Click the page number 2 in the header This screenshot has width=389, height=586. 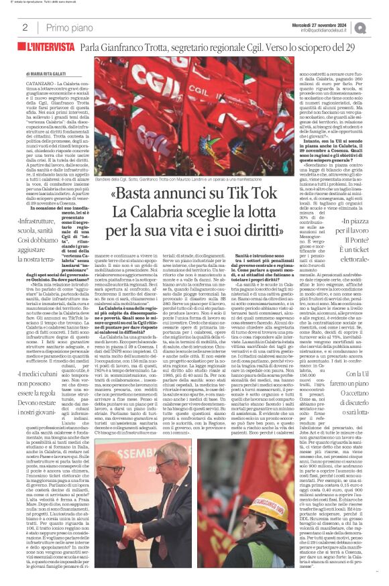click(25, 27)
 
